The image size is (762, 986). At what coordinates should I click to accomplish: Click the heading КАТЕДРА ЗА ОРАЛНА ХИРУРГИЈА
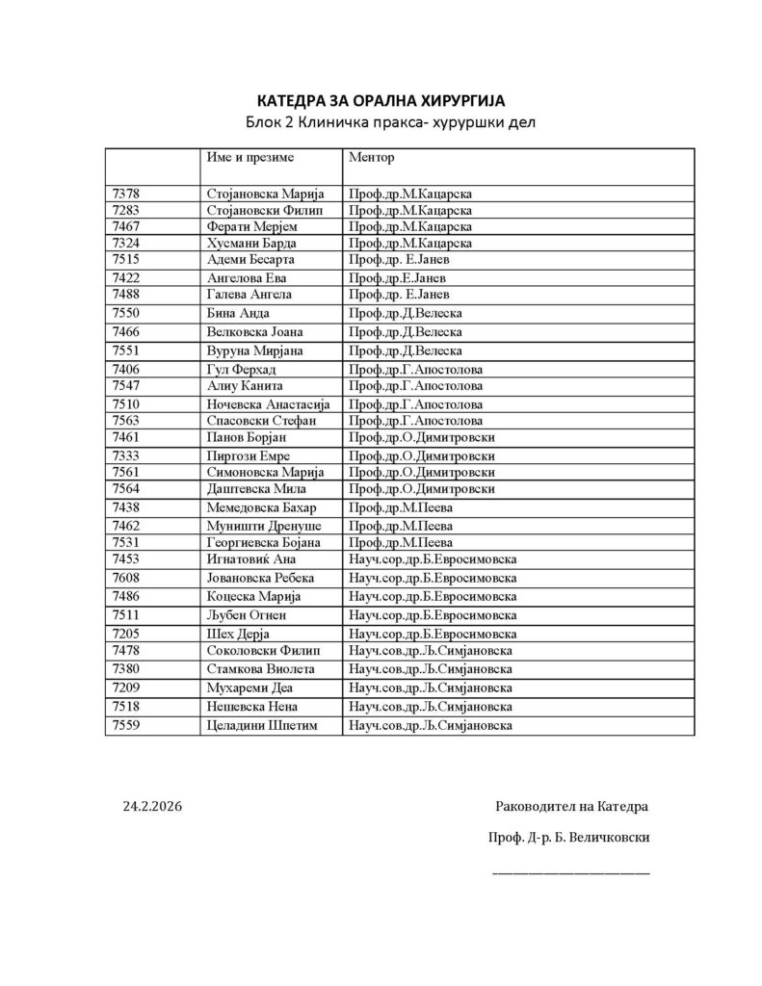click(x=381, y=100)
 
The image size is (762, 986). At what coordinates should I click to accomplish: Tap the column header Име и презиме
click(x=250, y=156)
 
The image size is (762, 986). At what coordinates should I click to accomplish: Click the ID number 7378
click(x=127, y=194)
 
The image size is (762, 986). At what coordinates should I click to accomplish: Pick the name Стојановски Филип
click(x=268, y=210)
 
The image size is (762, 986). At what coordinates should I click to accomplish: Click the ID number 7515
click(x=127, y=259)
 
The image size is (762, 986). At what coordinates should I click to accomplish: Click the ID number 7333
click(x=127, y=455)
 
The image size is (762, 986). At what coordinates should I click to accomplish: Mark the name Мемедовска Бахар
click(x=262, y=507)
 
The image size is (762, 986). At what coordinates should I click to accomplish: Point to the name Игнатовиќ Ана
click(x=254, y=559)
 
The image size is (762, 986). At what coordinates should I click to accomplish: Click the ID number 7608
click(x=127, y=578)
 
